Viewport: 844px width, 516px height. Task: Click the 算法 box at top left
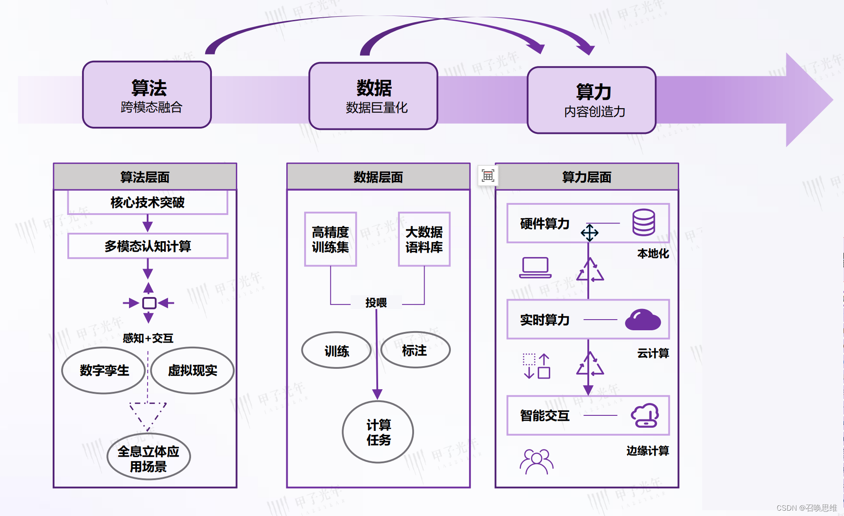click(x=147, y=95)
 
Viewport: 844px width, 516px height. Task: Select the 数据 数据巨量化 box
click(x=373, y=96)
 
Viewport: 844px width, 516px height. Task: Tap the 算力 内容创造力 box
click(x=591, y=100)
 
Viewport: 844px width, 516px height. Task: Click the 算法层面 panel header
click(x=145, y=177)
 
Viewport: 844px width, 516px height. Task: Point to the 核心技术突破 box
click(x=148, y=203)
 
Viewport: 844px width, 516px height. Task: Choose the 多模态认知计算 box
click(x=148, y=246)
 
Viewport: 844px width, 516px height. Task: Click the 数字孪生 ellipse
click(x=104, y=371)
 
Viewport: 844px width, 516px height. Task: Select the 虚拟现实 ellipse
click(x=192, y=371)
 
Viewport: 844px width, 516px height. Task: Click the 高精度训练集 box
click(x=330, y=239)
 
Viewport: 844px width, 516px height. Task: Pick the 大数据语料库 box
click(x=424, y=239)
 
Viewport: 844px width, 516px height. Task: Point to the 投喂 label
click(x=376, y=302)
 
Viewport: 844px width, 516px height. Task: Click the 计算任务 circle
click(x=378, y=432)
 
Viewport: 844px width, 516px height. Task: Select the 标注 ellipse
click(x=415, y=350)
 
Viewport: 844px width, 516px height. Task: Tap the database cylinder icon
click(x=644, y=223)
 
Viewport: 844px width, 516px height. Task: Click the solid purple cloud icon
click(x=643, y=320)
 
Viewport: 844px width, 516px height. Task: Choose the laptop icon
click(x=535, y=267)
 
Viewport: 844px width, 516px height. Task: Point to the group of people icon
click(x=536, y=461)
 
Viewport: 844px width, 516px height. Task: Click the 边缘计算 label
click(x=647, y=451)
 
